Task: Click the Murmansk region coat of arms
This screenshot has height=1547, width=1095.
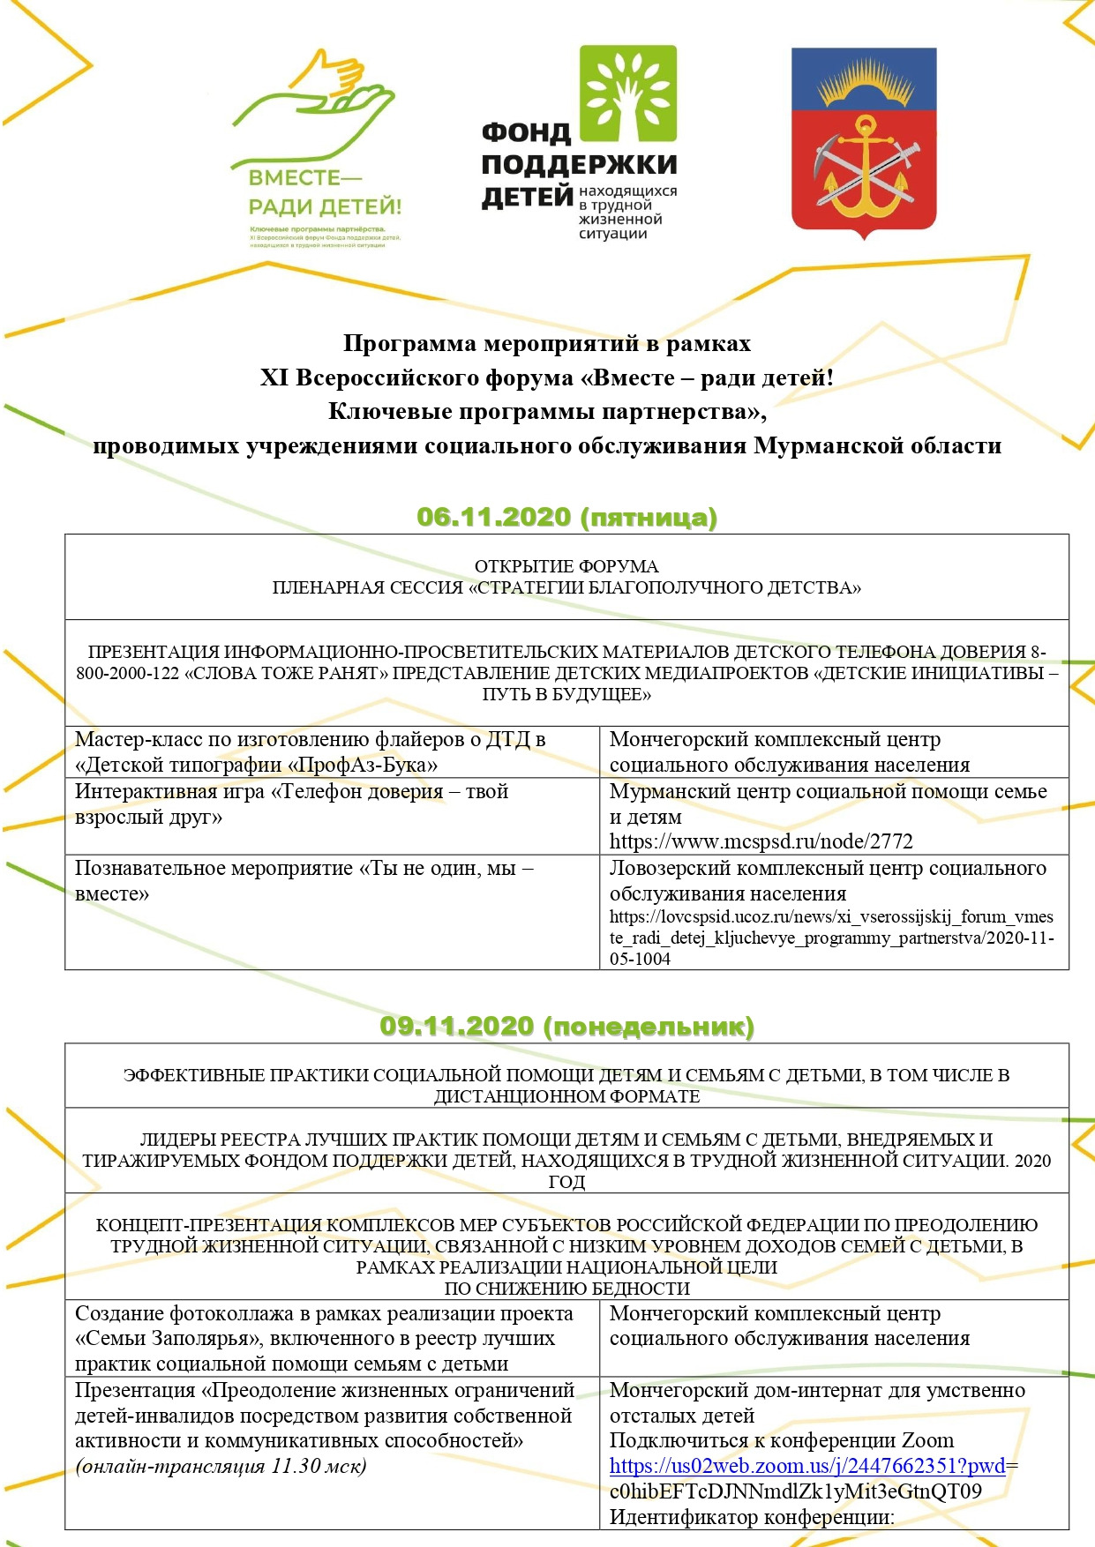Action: click(x=863, y=141)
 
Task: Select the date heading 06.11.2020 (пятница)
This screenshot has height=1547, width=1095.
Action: click(x=566, y=517)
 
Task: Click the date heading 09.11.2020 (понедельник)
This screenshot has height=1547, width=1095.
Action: click(x=566, y=1027)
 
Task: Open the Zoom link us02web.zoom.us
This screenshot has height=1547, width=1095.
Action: click(x=807, y=1466)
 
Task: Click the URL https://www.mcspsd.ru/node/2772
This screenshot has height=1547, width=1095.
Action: click(x=761, y=841)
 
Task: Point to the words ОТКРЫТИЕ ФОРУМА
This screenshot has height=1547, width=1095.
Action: click(x=566, y=566)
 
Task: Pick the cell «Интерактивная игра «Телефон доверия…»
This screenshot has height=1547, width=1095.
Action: click(x=291, y=803)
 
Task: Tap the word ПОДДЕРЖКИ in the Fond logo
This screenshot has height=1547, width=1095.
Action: click(x=579, y=165)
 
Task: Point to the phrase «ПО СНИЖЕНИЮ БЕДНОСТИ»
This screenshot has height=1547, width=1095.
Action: click(x=566, y=1289)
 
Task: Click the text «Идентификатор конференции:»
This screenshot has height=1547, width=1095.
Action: click(x=752, y=1517)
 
